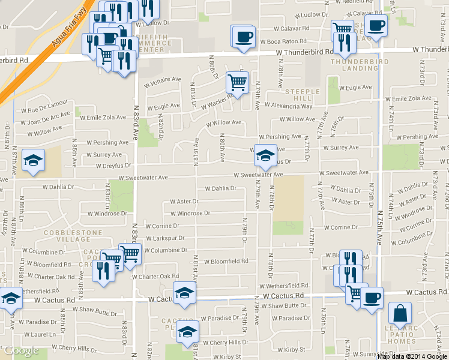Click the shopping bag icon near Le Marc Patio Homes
(400, 313)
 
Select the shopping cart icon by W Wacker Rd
(238, 83)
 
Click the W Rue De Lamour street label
(44, 110)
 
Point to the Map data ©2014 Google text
(412, 356)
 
